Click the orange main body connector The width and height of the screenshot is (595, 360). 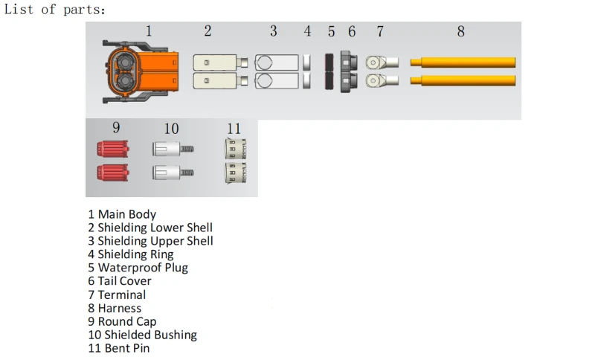(x=140, y=71)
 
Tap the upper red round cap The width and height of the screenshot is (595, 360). (x=113, y=149)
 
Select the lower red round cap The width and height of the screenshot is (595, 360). (x=113, y=173)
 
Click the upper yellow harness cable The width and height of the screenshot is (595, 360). (x=463, y=62)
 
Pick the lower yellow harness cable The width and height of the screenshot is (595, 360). (x=463, y=80)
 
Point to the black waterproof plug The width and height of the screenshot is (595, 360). (x=329, y=71)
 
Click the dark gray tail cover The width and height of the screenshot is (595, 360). (x=349, y=71)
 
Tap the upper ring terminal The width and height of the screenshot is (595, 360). (x=382, y=62)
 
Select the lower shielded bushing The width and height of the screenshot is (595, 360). (x=173, y=173)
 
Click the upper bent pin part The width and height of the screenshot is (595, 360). (x=236, y=149)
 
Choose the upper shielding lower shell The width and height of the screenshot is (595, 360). (x=220, y=62)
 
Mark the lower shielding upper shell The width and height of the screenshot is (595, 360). (x=277, y=81)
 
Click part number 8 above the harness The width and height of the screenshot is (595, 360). (x=460, y=31)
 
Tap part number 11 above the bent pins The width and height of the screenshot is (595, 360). (x=234, y=129)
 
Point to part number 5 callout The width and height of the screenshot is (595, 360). (x=331, y=32)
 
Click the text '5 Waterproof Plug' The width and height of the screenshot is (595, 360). (x=138, y=268)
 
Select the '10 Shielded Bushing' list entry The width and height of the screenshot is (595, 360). (x=143, y=335)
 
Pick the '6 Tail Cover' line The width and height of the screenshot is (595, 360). (x=120, y=281)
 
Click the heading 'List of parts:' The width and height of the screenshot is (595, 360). (x=54, y=10)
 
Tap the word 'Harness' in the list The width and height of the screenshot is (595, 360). (x=120, y=309)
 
